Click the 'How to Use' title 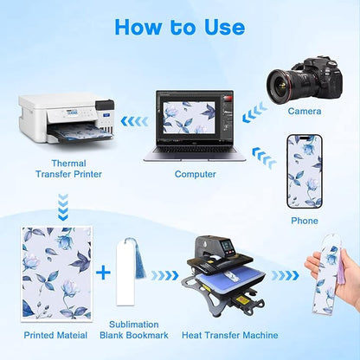click(x=180, y=28)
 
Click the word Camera click(x=305, y=111)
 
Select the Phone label click(x=305, y=221)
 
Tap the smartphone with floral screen click(x=305, y=171)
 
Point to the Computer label click(x=196, y=174)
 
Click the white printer click(x=67, y=119)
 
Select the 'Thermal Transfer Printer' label click(x=68, y=169)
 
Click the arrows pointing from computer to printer click(x=135, y=121)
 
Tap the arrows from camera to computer click(x=254, y=112)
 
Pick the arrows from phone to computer click(x=264, y=157)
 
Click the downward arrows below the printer click(x=63, y=208)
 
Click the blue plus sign click(x=103, y=273)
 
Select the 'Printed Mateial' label click(x=55, y=335)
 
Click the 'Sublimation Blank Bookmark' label click(x=134, y=330)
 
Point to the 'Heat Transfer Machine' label click(x=230, y=335)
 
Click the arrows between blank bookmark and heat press click(x=164, y=275)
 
